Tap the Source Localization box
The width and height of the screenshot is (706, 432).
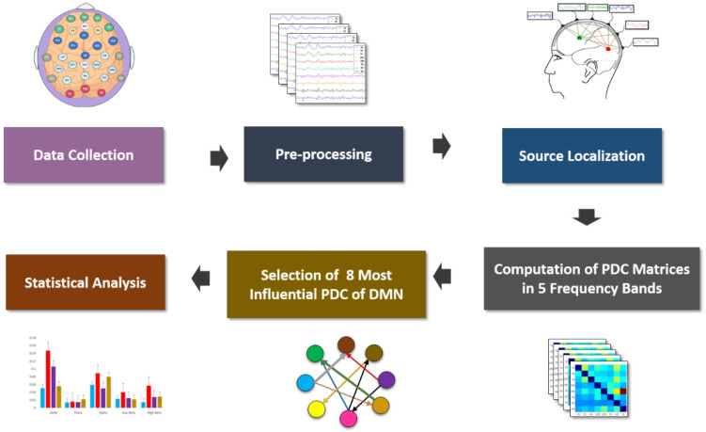point(588,155)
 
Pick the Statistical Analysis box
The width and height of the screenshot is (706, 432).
point(90,279)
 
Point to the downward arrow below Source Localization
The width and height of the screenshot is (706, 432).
point(588,218)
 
